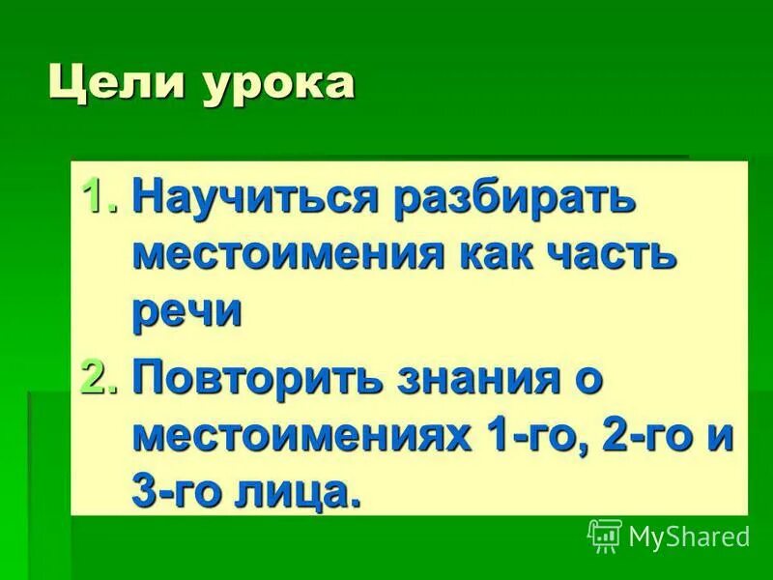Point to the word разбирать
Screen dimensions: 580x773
pos(516,199)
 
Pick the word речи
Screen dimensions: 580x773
pos(186,313)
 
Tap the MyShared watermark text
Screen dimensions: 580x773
pos(688,535)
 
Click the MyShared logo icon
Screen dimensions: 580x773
pos(604,535)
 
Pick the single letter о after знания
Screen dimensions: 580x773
pos(591,378)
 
